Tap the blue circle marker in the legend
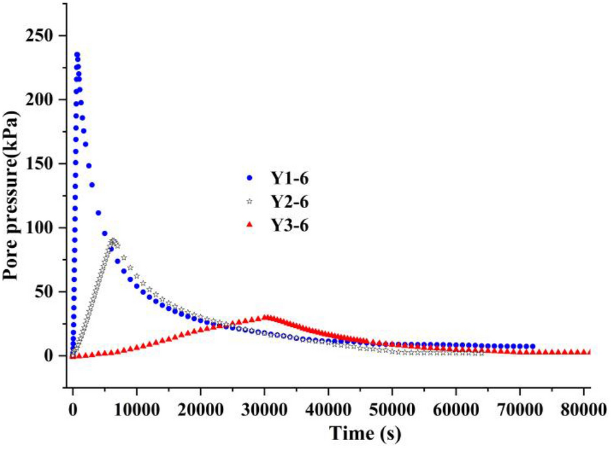tap(249, 178)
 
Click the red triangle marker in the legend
tap(249, 224)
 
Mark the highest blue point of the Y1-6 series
tap(77, 55)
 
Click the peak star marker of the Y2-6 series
tap(112, 241)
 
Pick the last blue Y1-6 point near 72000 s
tap(533, 346)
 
